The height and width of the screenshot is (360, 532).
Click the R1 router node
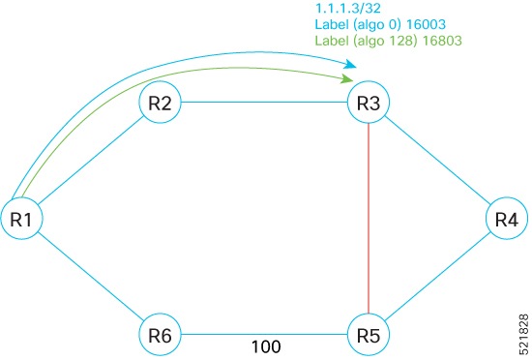(x=21, y=220)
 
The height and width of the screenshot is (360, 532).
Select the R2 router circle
(x=162, y=105)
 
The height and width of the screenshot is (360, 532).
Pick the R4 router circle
(x=507, y=220)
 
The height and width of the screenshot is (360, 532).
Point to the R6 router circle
(x=162, y=336)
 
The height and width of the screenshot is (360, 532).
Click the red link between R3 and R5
(x=372, y=221)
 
